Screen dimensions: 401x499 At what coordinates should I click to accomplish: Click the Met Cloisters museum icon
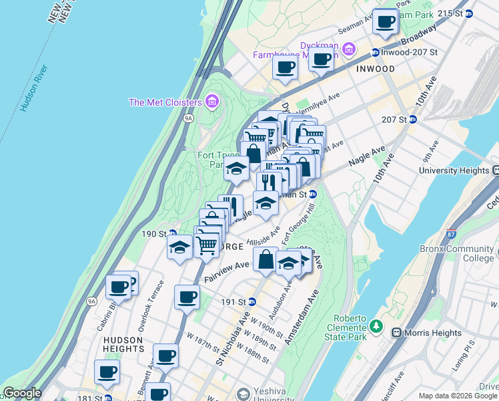pos(212,102)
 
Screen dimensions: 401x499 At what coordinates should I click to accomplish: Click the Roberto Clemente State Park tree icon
pos(377,326)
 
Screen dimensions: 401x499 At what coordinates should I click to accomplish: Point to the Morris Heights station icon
pos(396,333)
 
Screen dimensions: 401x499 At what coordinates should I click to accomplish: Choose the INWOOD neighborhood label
pos(375,69)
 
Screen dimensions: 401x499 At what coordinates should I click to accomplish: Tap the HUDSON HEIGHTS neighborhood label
pos(123,344)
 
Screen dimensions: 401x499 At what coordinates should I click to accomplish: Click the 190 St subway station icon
pos(171,234)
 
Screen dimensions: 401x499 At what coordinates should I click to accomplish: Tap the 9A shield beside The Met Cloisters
pos(188,118)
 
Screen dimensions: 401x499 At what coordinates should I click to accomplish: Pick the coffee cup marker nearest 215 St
pos(385,21)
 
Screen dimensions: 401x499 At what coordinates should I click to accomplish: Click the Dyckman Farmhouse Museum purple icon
pos(349,49)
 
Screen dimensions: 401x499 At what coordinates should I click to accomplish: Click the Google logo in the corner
pos(22,394)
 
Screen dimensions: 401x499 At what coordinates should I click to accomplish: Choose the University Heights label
pos(454,171)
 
